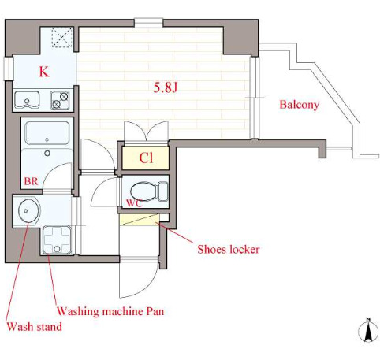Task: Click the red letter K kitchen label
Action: [x=44, y=72]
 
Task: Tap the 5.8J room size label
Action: [x=166, y=87]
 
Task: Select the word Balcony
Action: [x=299, y=105]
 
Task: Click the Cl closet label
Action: [x=146, y=158]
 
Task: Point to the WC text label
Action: [x=134, y=202]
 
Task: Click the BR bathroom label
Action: [x=31, y=181]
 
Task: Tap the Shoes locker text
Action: [x=229, y=249]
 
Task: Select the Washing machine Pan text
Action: [x=110, y=311]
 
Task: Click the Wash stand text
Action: [x=34, y=327]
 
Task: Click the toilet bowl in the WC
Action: [x=149, y=191]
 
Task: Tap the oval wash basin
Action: [x=28, y=211]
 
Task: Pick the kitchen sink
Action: [x=27, y=100]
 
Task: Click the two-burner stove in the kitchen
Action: [x=60, y=100]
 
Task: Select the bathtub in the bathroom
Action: [x=47, y=133]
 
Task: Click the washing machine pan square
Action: [x=57, y=240]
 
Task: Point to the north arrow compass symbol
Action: [x=368, y=331]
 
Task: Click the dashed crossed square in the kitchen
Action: [x=62, y=37]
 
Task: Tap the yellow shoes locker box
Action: [x=140, y=220]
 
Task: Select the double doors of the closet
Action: [x=146, y=131]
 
